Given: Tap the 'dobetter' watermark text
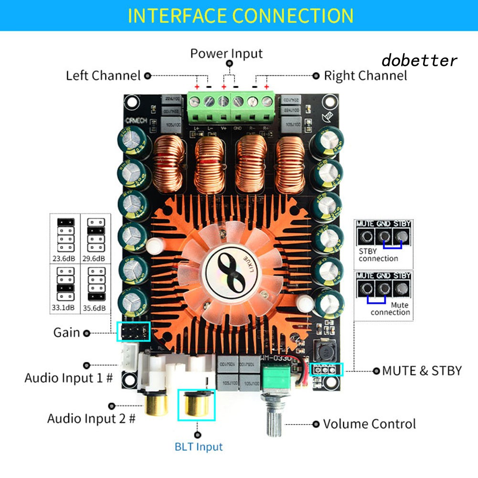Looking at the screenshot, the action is coord(419,61).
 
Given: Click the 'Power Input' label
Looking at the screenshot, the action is coord(226,53).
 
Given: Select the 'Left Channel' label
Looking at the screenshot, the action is coord(103,75).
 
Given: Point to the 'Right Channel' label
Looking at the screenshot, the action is coord(365,75).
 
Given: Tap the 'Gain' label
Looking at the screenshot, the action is coord(66,332).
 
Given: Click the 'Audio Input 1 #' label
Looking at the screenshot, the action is coord(68,378).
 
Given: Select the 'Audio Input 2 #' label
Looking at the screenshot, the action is coord(91,419).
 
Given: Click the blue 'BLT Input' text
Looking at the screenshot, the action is coord(199,447).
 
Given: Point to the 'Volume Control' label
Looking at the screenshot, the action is coord(369,424).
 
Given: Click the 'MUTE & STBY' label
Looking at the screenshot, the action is coord(422,370).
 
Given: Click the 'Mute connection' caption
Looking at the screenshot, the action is coord(391,308).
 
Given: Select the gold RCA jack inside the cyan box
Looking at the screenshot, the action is coord(196,405).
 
